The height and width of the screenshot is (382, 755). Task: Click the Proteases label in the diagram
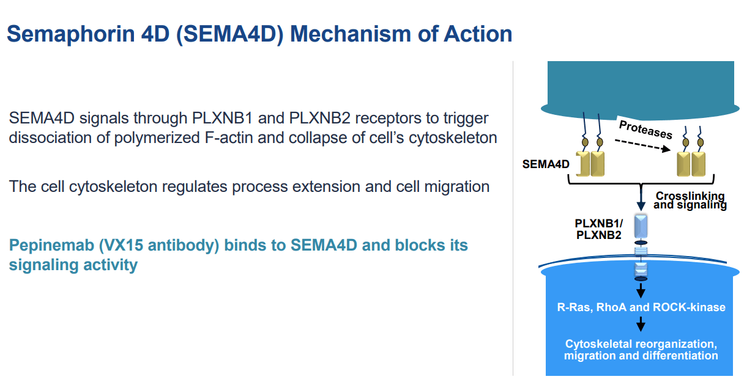(x=645, y=130)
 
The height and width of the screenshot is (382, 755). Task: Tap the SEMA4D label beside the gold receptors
(x=546, y=164)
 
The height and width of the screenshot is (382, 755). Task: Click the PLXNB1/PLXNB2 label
(x=598, y=228)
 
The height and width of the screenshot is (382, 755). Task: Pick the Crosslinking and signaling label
(x=690, y=200)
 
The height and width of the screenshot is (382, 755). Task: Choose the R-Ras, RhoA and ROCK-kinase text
(x=641, y=307)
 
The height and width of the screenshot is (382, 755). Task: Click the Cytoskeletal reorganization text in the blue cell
(x=641, y=344)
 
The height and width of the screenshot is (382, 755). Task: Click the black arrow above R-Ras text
(x=641, y=288)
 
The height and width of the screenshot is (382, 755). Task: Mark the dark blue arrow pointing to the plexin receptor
(x=641, y=199)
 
